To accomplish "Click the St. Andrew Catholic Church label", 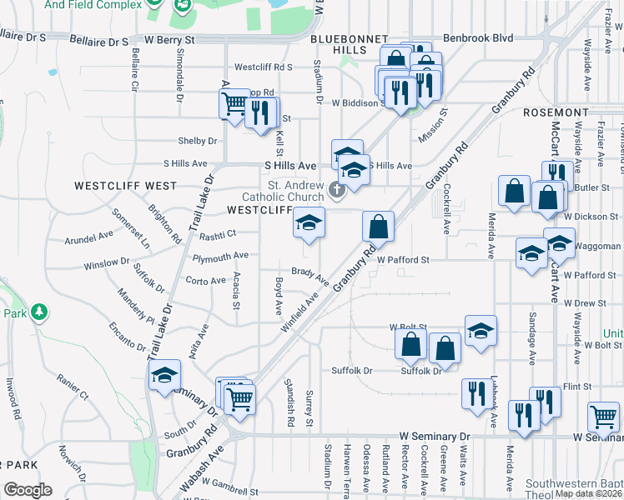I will (296, 191).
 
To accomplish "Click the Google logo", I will (28, 490).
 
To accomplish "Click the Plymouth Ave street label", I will (220, 256).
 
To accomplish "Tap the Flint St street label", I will (576, 387).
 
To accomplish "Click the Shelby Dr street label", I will (196, 141).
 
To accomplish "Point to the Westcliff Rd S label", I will (262, 67).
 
